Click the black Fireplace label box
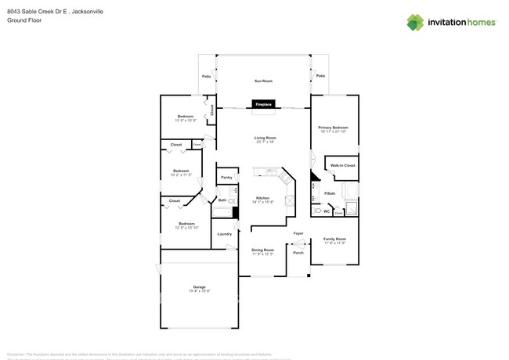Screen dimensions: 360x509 [263, 104]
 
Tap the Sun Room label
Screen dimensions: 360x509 [263, 81]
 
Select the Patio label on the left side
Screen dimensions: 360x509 [207, 77]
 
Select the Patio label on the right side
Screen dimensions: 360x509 [320, 76]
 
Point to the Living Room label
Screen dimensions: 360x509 [265, 138]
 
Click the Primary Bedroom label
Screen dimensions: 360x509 [333, 127]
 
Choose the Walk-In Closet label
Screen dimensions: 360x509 [342, 166]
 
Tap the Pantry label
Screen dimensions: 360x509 [226, 178]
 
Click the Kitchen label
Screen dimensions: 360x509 [262, 198]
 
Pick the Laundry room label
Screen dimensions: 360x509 [225, 234]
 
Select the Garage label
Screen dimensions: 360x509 [200, 287]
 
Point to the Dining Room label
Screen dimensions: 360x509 [262, 250]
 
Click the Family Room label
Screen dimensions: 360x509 [334, 239]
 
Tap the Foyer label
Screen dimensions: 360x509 [298, 233]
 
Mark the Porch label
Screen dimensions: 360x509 [298, 253]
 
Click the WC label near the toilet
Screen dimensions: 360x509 [327, 211]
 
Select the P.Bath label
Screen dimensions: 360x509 [330, 193]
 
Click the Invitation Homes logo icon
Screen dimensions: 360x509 [415, 23]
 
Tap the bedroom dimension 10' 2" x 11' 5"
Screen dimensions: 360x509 [181, 175]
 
